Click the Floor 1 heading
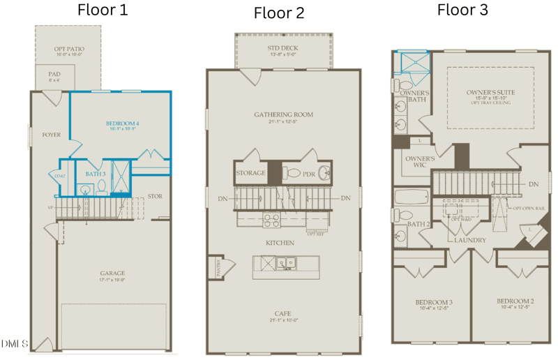click(x=102, y=10)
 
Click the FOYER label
click(x=51, y=135)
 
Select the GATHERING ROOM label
click(x=283, y=114)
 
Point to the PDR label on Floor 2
click(x=309, y=173)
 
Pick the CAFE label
click(x=283, y=315)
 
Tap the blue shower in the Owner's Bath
click(x=412, y=63)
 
